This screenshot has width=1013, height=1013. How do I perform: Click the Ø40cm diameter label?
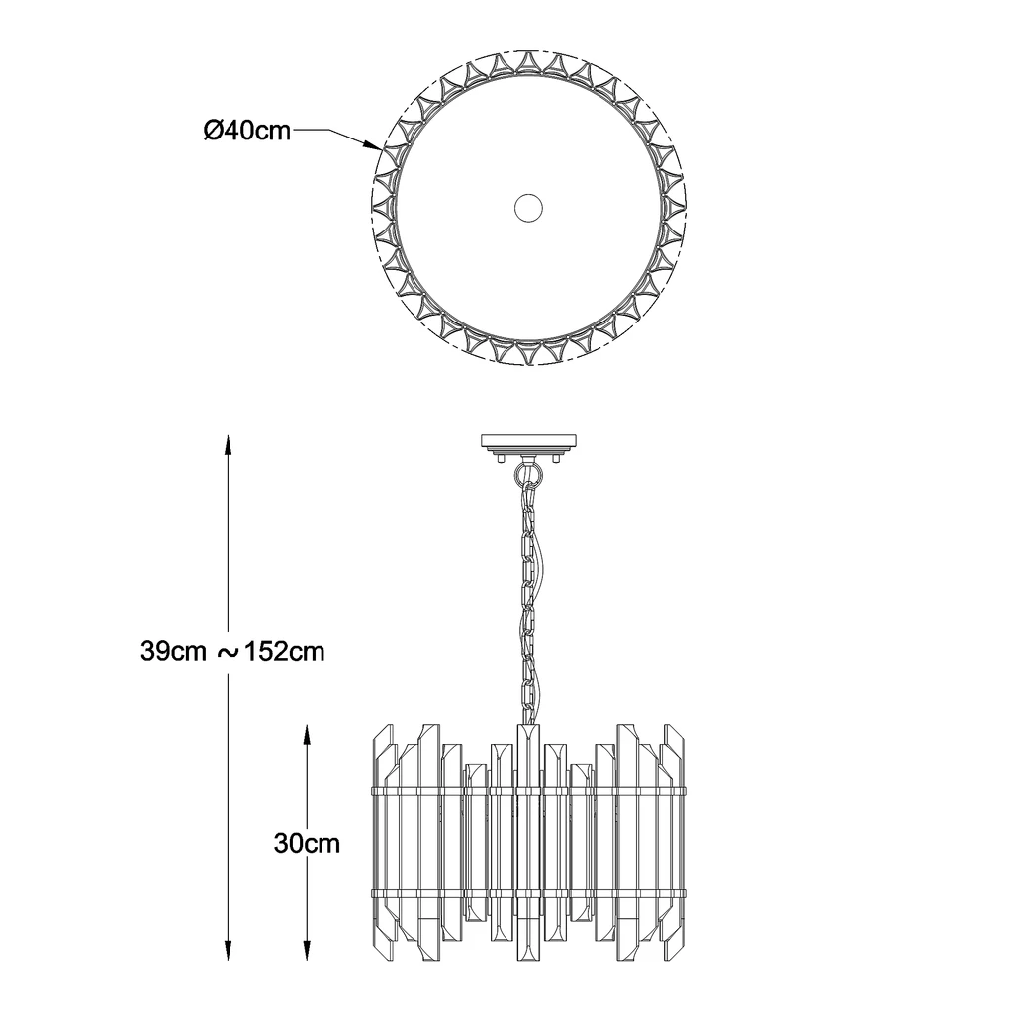tap(246, 132)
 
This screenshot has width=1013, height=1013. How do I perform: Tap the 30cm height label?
tap(307, 843)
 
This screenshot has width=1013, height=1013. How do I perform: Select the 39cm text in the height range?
tap(173, 651)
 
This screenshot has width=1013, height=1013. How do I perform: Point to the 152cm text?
tap(284, 651)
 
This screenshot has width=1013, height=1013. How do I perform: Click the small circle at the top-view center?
tap(528, 208)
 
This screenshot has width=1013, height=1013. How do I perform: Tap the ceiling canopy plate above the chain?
tap(528, 442)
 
